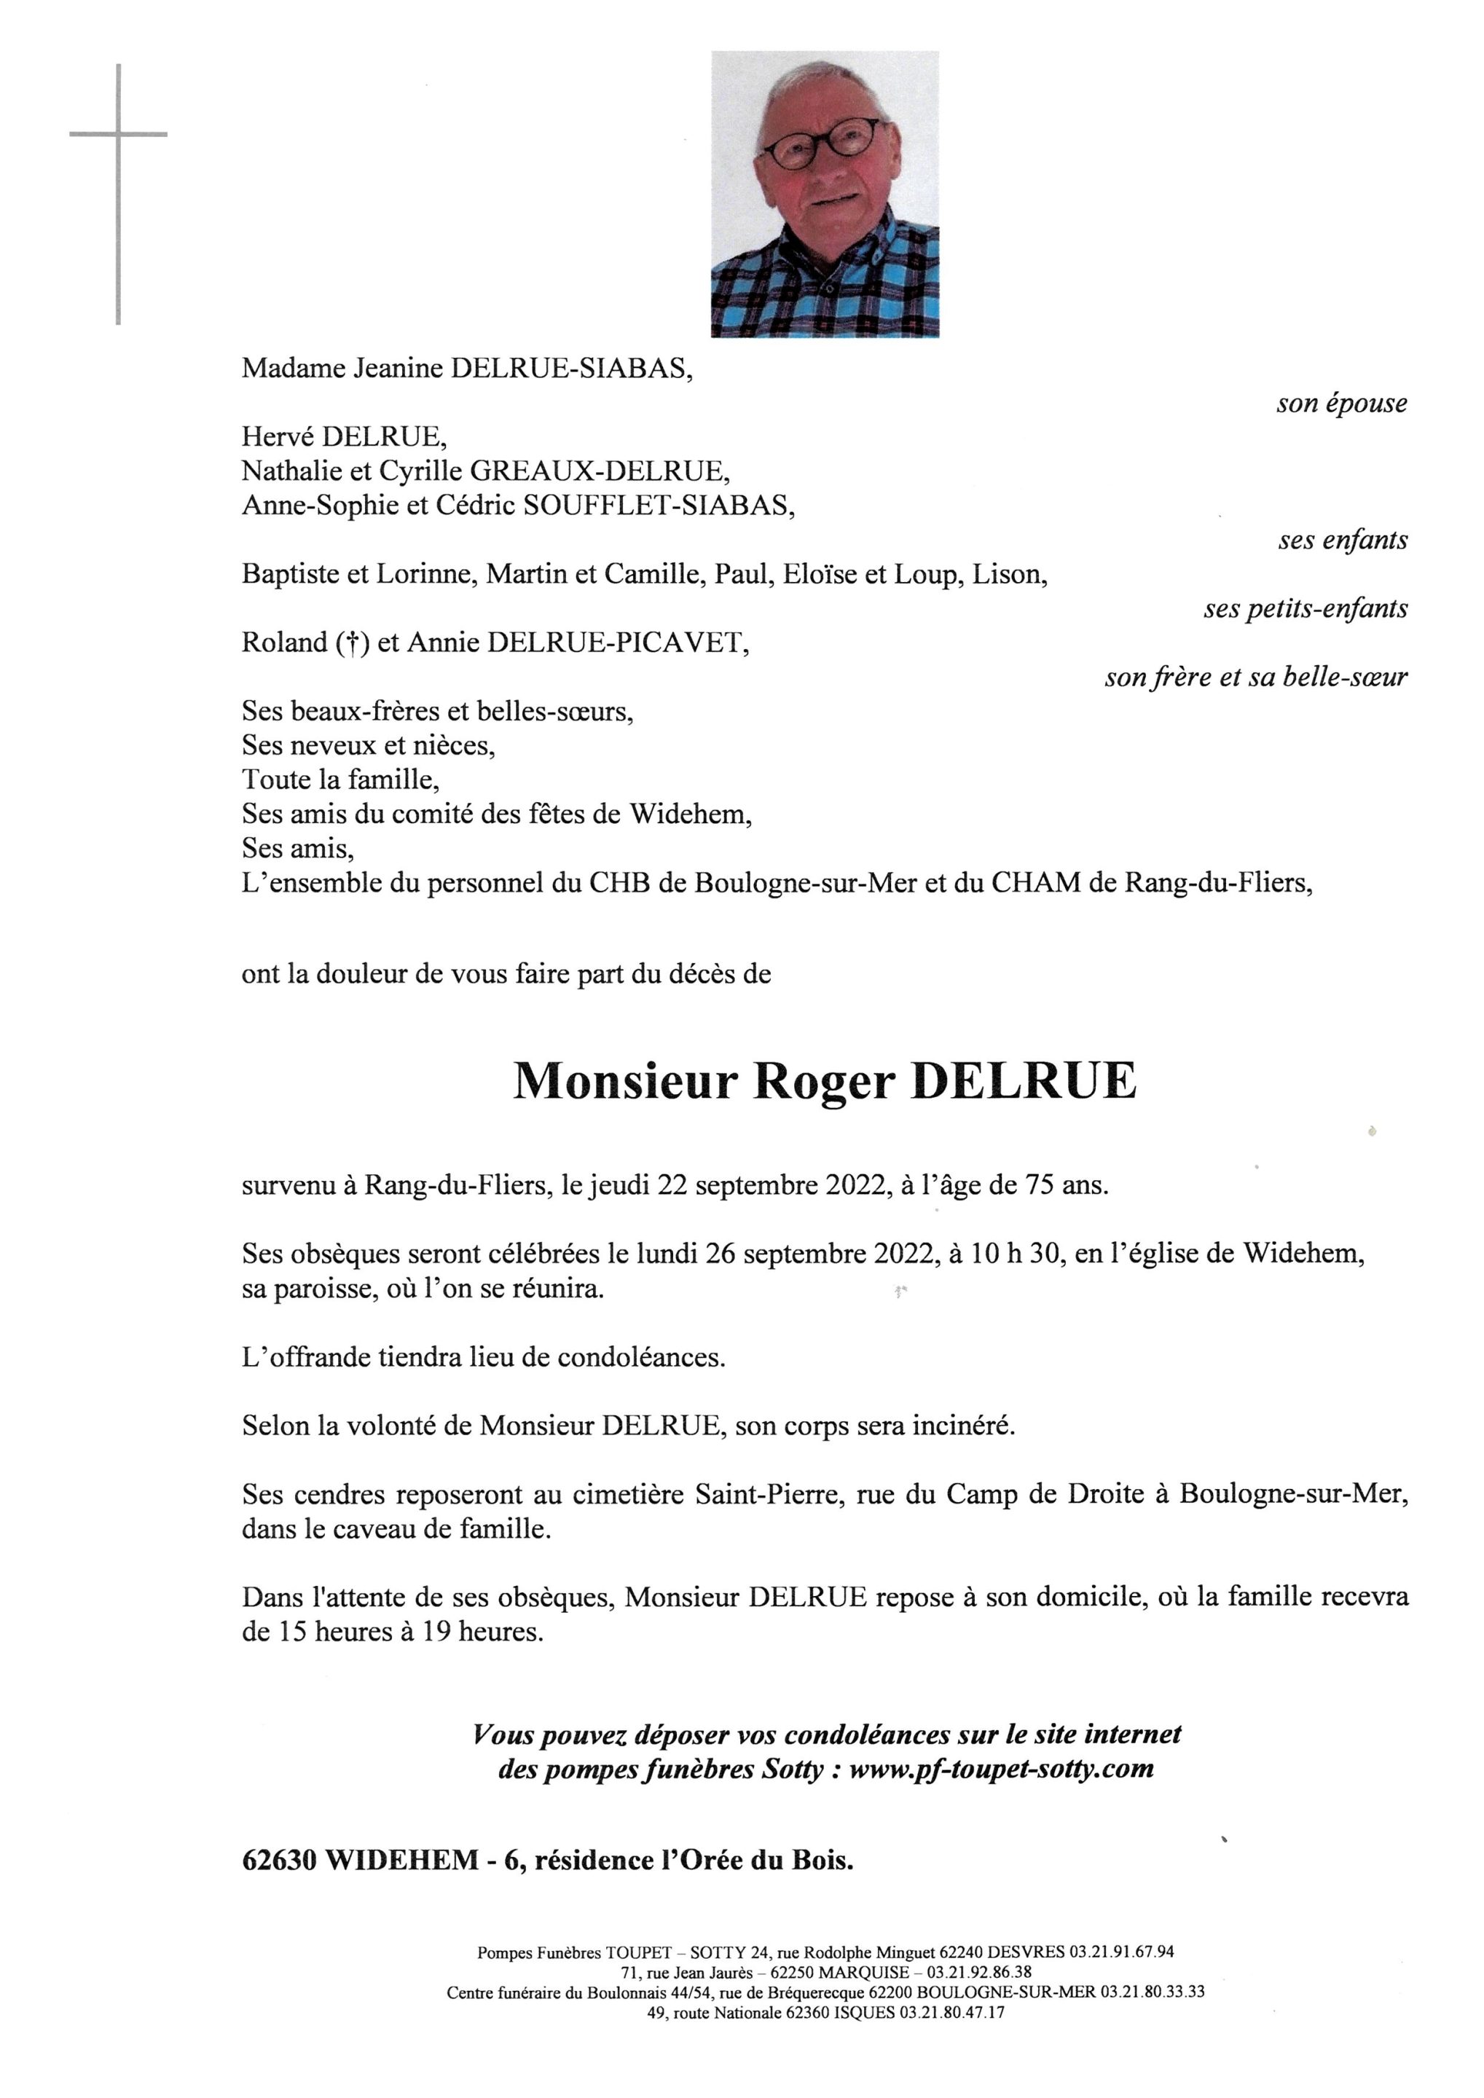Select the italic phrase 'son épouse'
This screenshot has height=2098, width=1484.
[x=1341, y=403]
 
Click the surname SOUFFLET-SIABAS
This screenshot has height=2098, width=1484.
[x=656, y=506]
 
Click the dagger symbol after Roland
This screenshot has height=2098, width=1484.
[x=346, y=643]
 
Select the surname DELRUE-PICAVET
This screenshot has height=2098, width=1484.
[x=618, y=643]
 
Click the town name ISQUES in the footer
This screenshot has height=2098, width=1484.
[x=865, y=2013]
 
